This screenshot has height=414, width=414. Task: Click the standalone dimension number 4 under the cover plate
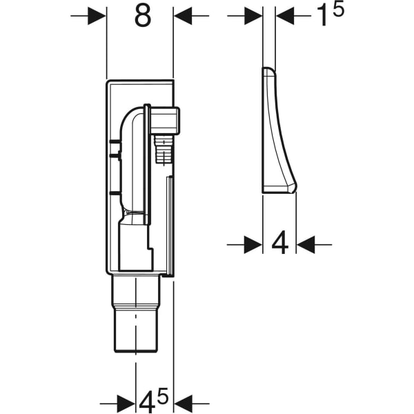pyautogui.click(x=279, y=244)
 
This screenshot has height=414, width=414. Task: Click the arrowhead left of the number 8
pyautogui.click(x=97, y=16)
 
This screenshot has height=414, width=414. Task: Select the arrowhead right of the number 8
pyautogui.click(x=182, y=16)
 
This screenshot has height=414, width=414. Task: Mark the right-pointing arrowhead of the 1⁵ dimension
pyautogui.click(x=253, y=15)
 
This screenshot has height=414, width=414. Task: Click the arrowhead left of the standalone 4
pyautogui.click(x=253, y=243)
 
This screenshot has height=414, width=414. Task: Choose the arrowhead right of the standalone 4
pyautogui.click(x=305, y=243)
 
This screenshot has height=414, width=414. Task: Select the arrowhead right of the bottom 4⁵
pyautogui.click(x=182, y=402)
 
